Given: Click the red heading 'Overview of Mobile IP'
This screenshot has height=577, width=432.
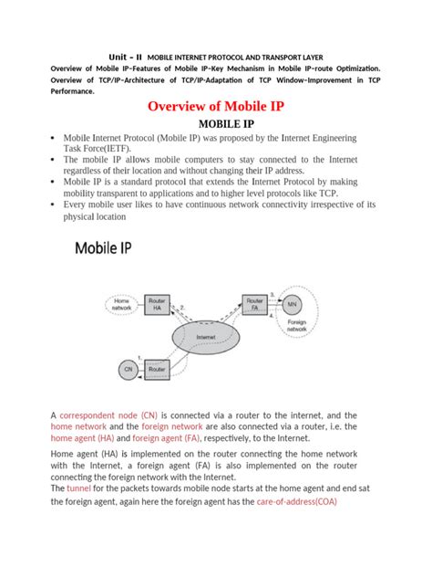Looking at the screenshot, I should [x=217, y=107].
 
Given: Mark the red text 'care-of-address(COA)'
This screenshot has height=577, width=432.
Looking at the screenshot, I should [x=305, y=501].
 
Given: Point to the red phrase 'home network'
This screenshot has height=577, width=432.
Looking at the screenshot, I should [x=78, y=425].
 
